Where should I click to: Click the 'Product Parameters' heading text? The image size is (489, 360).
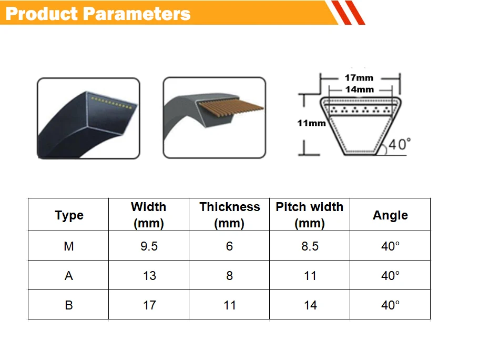(98, 14)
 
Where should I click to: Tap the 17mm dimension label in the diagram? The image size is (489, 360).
(359, 78)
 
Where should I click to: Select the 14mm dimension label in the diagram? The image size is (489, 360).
(359, 89)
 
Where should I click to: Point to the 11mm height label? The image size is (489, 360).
(311, 123)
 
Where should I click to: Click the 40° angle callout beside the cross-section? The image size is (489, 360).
(400, 144)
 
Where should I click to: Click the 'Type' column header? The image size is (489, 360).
(69, 215)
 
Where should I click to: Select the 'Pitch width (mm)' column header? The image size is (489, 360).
(309, 215)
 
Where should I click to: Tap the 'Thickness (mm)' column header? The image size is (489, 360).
(230, 215)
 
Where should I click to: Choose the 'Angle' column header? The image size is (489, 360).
(391, 215)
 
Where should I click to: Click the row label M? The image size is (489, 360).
(69, 246)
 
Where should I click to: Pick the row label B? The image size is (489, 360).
(69, 305)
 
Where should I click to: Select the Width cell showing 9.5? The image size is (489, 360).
(149, 246)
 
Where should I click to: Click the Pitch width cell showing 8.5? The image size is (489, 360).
(310, 246)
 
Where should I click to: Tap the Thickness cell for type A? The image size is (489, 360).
(230, 276)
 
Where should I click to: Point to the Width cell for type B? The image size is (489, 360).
(149, 305)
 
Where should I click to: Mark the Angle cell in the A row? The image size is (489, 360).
(390, 276)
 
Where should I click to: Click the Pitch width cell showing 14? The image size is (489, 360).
(310, 305)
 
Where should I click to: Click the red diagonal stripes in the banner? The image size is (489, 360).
(348, 13)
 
